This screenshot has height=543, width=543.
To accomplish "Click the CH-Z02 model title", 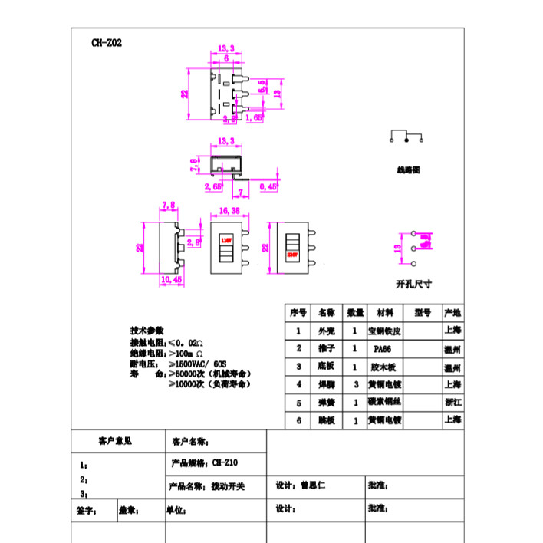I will click(x=106, y=43).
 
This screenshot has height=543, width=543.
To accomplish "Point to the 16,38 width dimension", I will click(x=229, y=209).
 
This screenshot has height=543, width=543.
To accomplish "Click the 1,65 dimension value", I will click(x=255, y=118).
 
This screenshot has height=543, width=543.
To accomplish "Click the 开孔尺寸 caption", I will click(x=414, y=283).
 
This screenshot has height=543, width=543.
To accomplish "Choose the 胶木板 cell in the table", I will click(x=382, y=367).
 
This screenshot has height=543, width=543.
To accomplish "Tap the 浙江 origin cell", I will click(x=452, y=402).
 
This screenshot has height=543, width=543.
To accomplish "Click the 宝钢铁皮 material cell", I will click(x=385, y=331).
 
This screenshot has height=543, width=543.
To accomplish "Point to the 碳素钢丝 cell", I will click(x=385, y=402).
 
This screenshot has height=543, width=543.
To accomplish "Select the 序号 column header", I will click(x=298, y=313).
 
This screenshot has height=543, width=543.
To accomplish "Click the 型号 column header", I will click(x=423, y=313).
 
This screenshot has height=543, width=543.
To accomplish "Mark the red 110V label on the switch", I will click(x=226, y=240).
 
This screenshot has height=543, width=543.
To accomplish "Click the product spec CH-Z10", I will click(x=225, y=464).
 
